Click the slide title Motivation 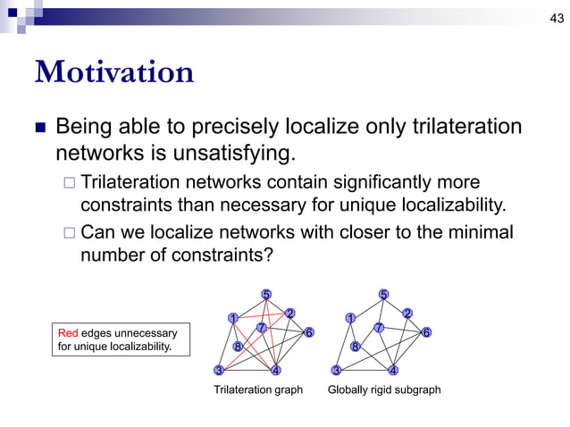tap(113, 71)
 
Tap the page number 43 tap(555, 20)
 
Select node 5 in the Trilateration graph tap(266, 294)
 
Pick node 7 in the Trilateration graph tap(260, 328)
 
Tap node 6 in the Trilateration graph tap(309, 332)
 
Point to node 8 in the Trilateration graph tap(238, 347)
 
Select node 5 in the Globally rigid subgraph tap(383, 294)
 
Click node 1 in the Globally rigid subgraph tap(350, 318)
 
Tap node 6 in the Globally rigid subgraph tap(426, 332)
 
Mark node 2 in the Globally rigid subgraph tap(407, 313)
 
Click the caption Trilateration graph tap(257, 390)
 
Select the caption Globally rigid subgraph tap(384, 390)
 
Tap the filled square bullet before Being tap(39, 127)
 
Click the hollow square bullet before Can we tap(69, 233)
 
